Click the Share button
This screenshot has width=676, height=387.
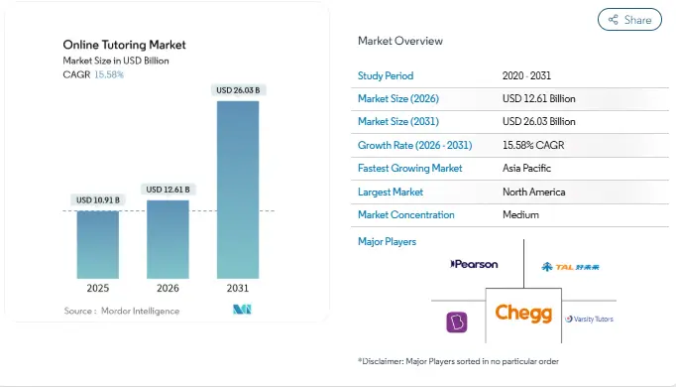pos(630,20)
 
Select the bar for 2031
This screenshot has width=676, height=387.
pos(238,189)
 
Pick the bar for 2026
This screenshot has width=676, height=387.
pos(168,239)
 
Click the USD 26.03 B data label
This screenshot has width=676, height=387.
pos(238,91)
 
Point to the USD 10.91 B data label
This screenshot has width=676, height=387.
pos(98,200)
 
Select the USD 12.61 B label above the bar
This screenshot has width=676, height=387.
pos(168,190)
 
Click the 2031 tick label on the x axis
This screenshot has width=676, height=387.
pos(238,290)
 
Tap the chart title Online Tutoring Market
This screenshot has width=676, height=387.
pos(124,45)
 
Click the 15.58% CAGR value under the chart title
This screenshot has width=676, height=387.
pos(109,74)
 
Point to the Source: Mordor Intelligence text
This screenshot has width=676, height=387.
pos(122,311)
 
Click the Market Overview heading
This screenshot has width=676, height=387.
pos(400,41)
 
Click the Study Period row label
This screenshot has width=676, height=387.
pos(386,75)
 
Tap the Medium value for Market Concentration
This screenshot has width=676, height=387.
pos(520,214)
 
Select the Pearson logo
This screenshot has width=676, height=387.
pos(474,265)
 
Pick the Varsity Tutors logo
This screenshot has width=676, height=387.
pos(589,319)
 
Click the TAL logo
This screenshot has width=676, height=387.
pos(570,266)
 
